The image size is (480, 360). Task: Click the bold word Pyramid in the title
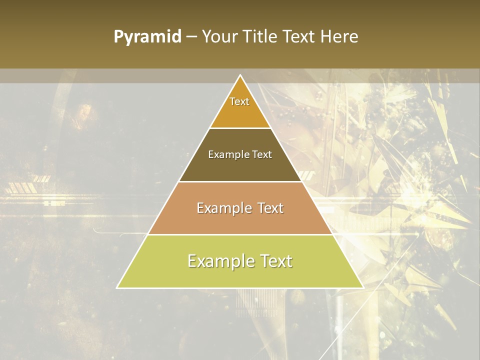(x=147, y=37)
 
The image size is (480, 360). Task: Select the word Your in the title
(x=219, y=37)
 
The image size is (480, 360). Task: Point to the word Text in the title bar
(x=300, y=37)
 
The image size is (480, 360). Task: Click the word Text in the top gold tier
(x=239, y=101)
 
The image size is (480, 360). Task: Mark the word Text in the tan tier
(x=270, y=208)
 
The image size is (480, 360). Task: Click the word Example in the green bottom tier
(x=217, y=261)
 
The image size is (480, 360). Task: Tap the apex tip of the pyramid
(x=240, y=76)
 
